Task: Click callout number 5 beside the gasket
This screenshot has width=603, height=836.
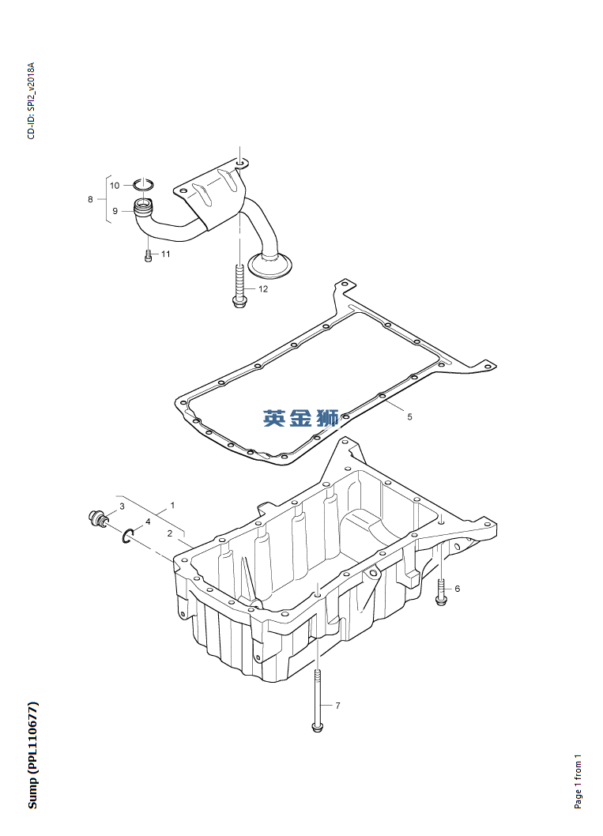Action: coord(409,417)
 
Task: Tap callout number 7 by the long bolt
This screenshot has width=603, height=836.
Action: coord(337,706)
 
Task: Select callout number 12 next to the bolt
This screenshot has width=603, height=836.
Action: coord(263,289)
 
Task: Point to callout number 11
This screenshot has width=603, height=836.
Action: coord(166,254)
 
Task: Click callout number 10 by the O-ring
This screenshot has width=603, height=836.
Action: coord(115,186)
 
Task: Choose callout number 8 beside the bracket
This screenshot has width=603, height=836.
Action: coord(90,199)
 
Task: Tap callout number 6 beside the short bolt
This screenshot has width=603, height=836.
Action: coord(457,589)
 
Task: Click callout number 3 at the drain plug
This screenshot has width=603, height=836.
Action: coord(122,506)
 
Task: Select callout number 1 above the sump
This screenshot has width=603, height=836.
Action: coord(172,504)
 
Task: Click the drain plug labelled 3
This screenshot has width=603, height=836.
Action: coord(98,518)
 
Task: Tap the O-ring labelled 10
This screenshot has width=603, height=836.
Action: coord(143,184)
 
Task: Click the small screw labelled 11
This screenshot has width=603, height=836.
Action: coord(148,256)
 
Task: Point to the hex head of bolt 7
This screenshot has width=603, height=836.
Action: coord(317,726)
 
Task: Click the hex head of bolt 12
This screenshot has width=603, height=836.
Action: coord(239,302)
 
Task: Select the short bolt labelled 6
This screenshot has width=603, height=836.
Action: coord(441,592)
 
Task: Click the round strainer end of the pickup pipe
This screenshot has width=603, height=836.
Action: coord(271,265)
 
